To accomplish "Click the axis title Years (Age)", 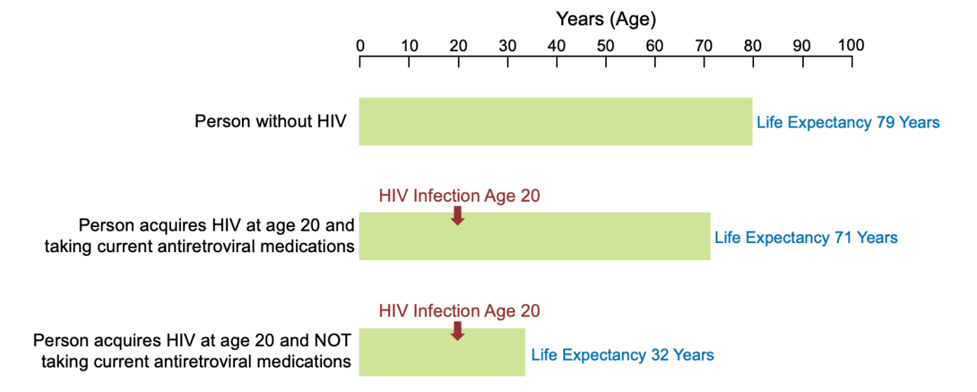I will click(x=605, y=18).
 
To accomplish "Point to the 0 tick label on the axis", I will click(x=360, y=45).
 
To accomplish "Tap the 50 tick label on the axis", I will click(x=605, y=45).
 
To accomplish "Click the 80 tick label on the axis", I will click(x=753, y=45).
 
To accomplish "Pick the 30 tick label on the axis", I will click(x=508, y=45).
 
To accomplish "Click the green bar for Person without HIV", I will click(x=556, y=121).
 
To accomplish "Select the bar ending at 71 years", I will click(x=534, y=236).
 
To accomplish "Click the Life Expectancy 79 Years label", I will click(x=848, y=122).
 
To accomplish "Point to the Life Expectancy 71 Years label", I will click(x=806, y=238).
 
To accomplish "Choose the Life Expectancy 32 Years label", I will click(x=623, y=355).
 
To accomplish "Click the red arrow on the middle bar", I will click(x=458, y=215).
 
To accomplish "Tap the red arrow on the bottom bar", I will click(x=458, y=330).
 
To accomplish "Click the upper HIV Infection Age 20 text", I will click(x=459, y=196).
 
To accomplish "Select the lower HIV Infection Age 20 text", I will click(x=459, y=311).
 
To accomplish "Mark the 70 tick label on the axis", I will click(x=704, y=45).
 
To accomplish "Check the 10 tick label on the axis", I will click(x=409, y=45).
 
